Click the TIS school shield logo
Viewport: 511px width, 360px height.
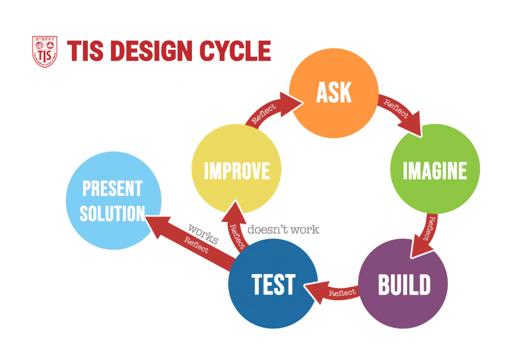(45, 51)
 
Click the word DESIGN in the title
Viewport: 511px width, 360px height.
(151, 51)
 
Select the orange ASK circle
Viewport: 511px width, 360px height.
(334, 93)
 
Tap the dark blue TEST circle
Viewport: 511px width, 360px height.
(273, 284)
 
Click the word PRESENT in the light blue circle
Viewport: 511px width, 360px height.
(112, 189)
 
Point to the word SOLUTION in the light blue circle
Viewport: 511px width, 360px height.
(112, 214)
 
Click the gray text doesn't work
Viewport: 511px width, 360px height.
(283, 230)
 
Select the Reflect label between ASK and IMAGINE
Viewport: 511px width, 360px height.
(396, 108)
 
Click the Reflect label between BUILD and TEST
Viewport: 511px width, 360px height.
(342, 293)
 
